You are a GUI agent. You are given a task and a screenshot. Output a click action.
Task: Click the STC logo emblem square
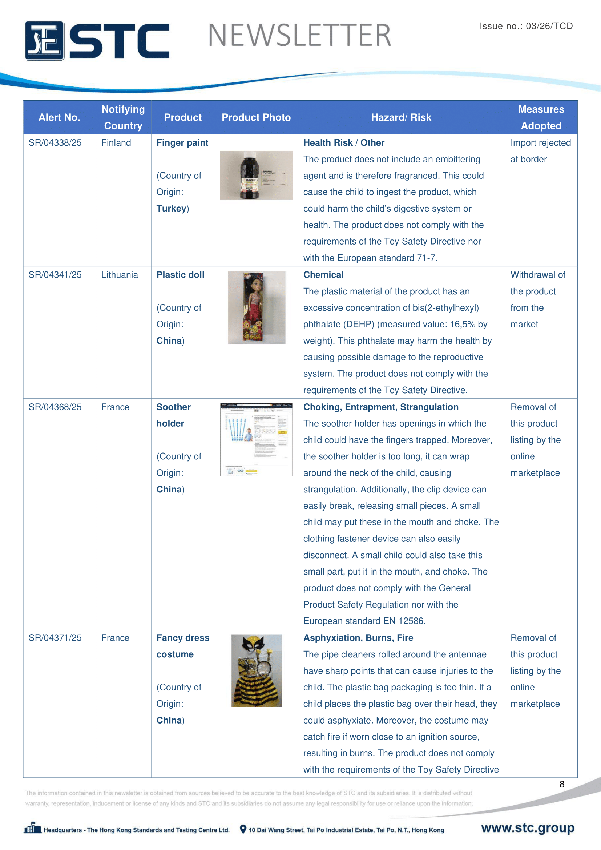[x=44, y=41]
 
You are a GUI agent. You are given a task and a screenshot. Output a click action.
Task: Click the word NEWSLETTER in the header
[x=299, y=36]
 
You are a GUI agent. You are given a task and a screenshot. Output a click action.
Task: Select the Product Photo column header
[x=256, y=118]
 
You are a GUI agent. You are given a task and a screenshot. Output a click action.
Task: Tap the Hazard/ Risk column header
[x=401, y=118]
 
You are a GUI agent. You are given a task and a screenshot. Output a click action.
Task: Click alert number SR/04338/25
[x=55, y=143]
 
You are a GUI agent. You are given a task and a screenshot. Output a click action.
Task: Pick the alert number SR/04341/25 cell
[x=55, y=275]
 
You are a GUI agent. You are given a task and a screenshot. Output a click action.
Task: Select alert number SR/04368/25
[x=55, y=407]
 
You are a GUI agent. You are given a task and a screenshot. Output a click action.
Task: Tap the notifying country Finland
[x=116, y=143]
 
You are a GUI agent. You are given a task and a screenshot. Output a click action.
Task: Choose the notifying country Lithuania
[x=120, y=275]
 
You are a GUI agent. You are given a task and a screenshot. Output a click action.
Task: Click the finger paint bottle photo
[x=256, y=176]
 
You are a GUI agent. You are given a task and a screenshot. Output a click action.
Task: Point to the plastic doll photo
[x=256, y=308]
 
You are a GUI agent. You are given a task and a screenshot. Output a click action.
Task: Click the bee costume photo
[x=257, y=670]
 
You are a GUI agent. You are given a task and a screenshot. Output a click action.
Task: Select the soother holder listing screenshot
[x=256, y=439]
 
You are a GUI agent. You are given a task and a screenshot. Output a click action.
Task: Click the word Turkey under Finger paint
[x=172, y=209]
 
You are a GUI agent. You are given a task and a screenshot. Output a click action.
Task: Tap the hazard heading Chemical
[x=323, y=275]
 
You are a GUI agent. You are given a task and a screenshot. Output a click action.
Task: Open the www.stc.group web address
[x=528, y=828]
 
